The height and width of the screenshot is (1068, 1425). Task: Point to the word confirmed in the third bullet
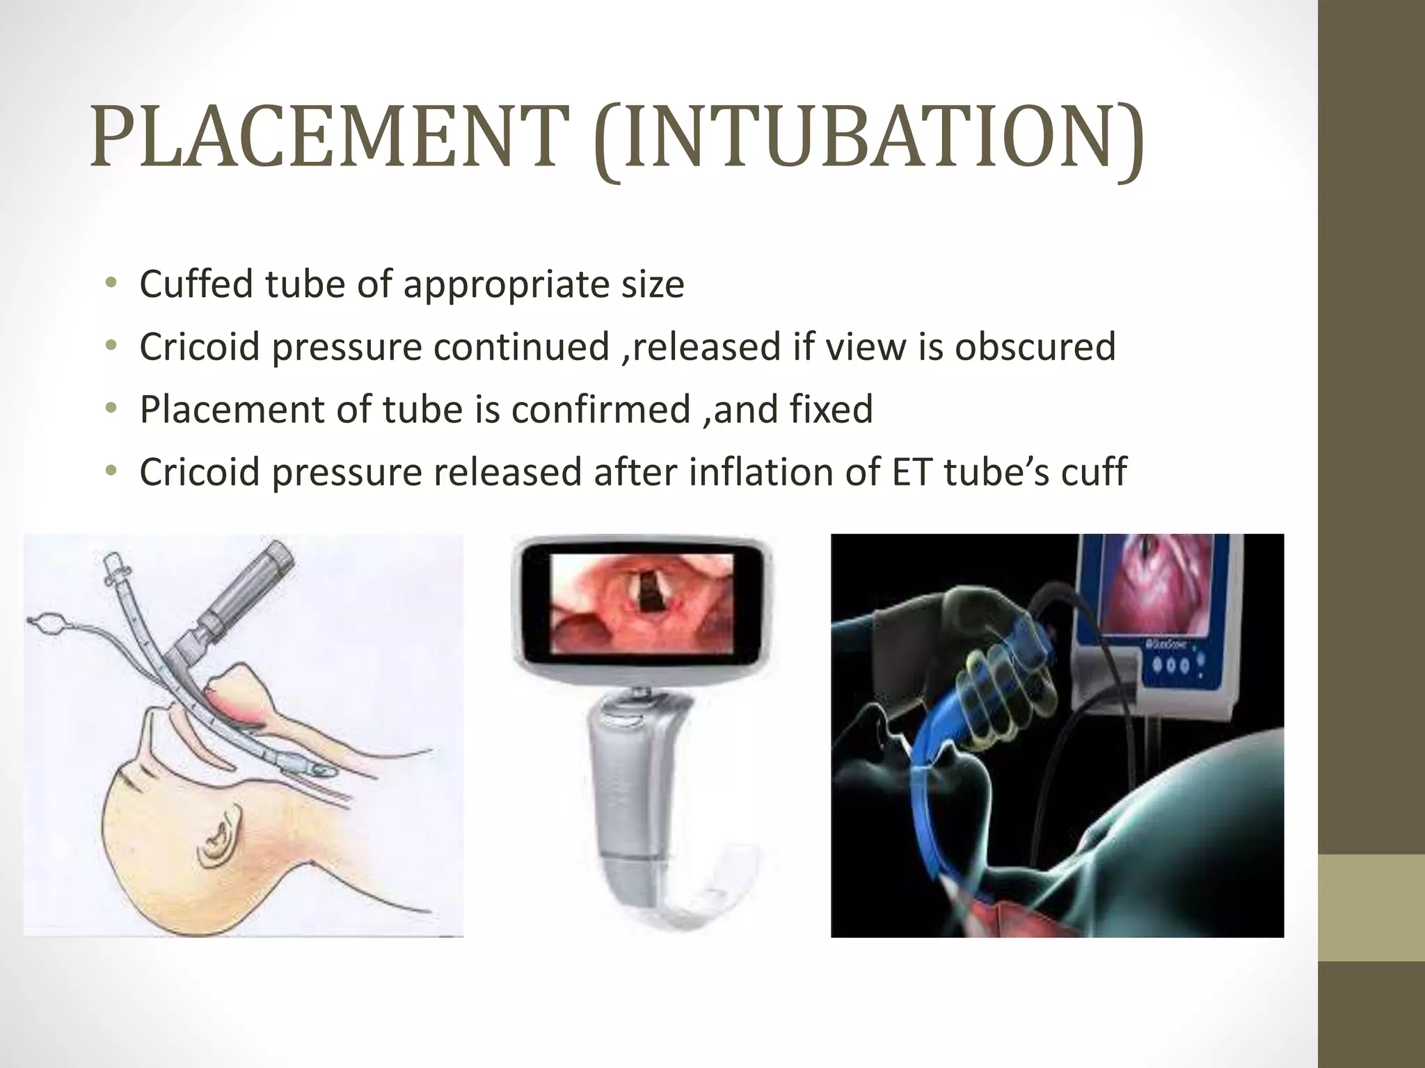[x=600, y=409]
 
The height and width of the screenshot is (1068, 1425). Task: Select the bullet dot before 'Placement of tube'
[x=110, y=409]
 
